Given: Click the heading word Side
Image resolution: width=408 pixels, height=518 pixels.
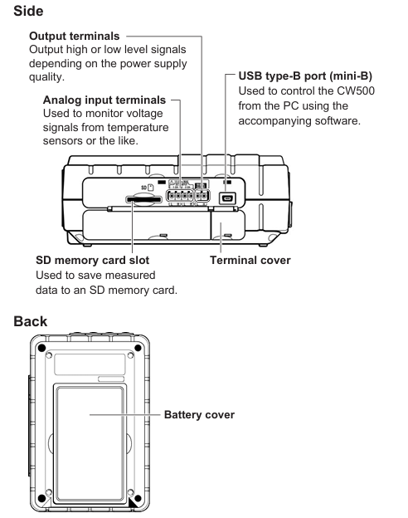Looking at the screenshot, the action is [28, 11].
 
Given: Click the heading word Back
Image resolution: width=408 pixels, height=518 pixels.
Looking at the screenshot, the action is [31, 321].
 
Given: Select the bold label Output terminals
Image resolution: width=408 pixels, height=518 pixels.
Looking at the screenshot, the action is [75, 36].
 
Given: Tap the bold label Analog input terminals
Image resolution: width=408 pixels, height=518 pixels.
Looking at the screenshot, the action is [104, 100].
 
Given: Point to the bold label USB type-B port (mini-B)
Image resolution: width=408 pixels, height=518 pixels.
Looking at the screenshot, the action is [305, 76].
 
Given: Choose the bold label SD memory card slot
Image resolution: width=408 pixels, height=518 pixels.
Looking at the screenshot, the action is [92, 261].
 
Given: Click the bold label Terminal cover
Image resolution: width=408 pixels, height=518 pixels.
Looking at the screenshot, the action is [250, 261].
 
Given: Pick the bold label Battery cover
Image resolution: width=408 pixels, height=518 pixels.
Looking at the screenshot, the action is [199, 414].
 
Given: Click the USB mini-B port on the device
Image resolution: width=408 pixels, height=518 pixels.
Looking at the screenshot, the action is [227, 198].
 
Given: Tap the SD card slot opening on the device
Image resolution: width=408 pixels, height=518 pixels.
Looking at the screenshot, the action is [144, 199].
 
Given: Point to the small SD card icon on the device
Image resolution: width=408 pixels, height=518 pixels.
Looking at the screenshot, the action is [151, 188].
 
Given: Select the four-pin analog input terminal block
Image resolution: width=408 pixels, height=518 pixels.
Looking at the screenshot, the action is [180, 196].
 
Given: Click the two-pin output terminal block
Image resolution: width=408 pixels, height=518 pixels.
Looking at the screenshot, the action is [202, 196].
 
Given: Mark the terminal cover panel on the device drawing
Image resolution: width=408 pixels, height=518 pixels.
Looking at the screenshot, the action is [228, 225].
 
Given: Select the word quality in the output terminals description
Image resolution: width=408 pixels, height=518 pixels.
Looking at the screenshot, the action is [46, 77].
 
